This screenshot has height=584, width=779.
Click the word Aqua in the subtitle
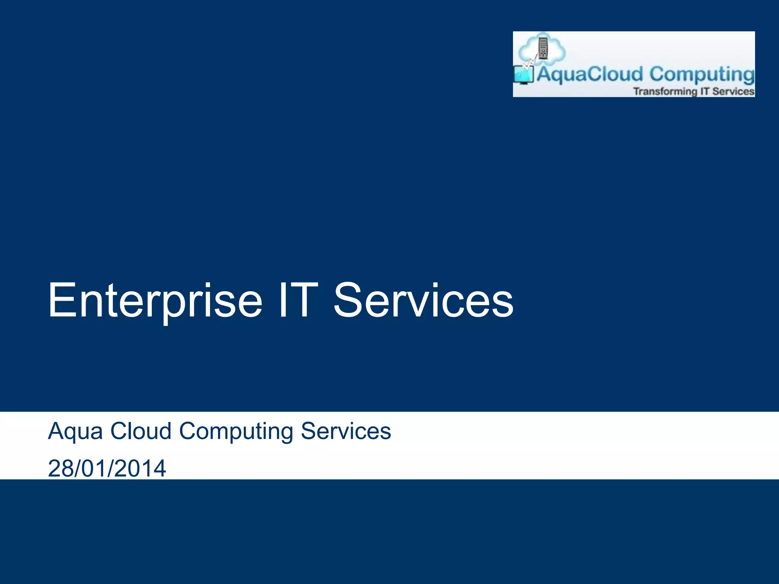coord(75,432)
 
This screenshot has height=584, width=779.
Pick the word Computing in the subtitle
coord(236,432)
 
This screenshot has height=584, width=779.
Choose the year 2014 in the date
coord(140,468)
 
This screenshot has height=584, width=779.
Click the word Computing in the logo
coord(702,75)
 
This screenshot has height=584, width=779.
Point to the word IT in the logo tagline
coord(705,92)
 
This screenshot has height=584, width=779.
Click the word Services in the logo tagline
coord(733,92)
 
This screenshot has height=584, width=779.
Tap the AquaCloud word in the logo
coord(590,74)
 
